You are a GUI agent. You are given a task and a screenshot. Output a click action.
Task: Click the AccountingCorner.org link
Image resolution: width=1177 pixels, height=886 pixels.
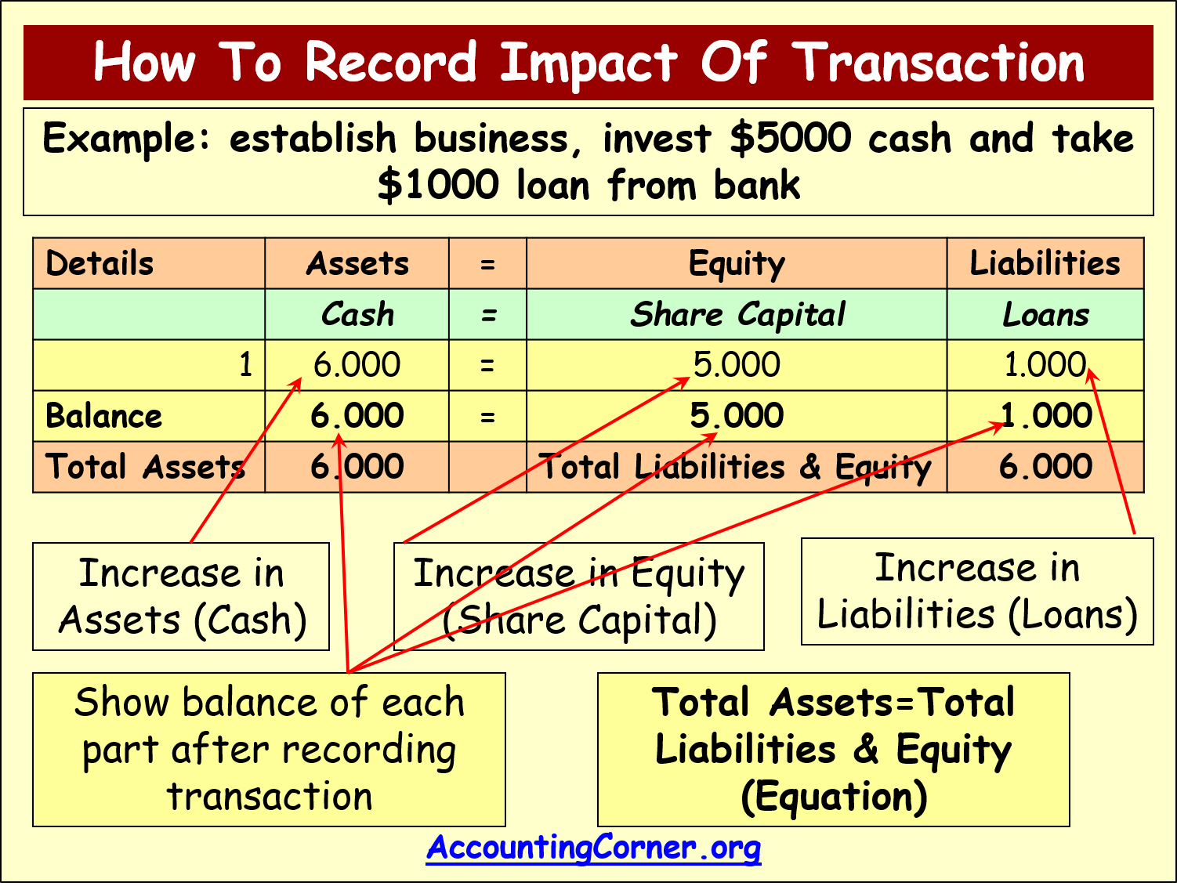593,848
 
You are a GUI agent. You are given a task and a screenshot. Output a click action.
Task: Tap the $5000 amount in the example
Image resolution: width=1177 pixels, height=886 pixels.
791,139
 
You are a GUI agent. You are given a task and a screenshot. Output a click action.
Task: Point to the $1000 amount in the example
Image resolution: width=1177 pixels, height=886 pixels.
439,185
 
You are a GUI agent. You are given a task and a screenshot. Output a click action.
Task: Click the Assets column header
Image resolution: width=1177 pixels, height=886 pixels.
357,263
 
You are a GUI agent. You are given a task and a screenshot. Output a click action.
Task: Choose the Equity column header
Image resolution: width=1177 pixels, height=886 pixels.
737,264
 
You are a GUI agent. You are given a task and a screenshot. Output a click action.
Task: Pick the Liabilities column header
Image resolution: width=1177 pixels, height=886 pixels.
1045,263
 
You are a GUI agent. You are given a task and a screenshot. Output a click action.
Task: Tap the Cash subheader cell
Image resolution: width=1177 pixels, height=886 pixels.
357,314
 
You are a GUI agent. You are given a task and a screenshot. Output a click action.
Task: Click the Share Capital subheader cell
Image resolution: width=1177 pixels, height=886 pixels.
737,315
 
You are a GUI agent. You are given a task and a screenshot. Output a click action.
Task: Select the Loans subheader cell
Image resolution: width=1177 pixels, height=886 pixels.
1045,315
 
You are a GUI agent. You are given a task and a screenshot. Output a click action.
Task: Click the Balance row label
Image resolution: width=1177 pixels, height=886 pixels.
103,416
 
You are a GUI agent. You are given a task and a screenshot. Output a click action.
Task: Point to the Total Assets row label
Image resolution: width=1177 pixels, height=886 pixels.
145,466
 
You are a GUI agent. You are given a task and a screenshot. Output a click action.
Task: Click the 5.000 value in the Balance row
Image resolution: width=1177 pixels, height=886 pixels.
737,415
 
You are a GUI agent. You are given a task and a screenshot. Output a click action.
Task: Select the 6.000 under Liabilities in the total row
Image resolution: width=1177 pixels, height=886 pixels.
1045,466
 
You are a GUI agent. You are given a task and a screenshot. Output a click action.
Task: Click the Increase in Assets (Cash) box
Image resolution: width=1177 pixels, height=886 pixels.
181,597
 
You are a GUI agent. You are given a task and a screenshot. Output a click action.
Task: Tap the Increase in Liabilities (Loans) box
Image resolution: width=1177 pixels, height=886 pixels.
977,591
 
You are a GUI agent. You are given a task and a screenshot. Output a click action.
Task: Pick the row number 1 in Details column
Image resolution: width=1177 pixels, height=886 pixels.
245,364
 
